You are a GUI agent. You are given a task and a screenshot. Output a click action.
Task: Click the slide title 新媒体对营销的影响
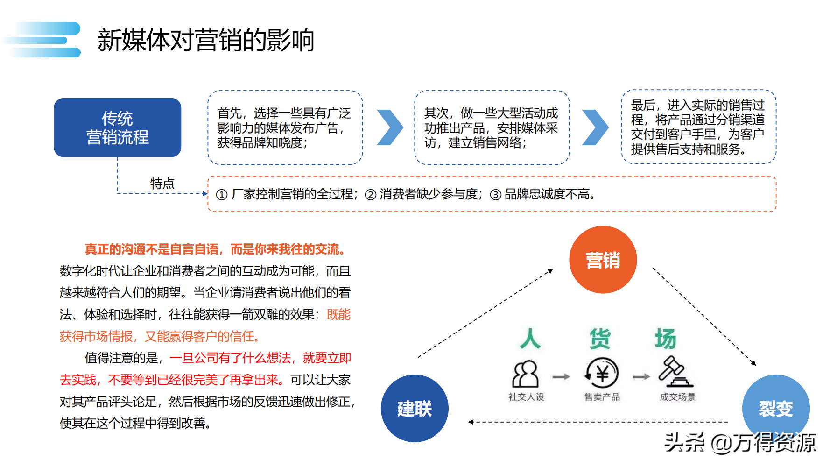pos(205,40)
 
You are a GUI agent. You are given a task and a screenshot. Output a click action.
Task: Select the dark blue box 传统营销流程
pos(117,127)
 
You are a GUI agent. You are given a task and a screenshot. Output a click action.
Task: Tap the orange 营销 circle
pos(603,260)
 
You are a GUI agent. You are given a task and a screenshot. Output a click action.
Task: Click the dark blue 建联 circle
pos(415,409)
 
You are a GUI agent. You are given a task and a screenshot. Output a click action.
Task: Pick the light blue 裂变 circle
pos(775,408)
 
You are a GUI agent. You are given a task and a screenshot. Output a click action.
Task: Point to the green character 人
pos(530,339)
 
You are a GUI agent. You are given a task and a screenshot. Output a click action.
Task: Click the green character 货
pos(600,339)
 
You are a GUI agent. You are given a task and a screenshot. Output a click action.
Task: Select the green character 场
pos(665,339)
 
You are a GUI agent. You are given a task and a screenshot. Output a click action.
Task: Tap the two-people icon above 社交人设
pos(526,374)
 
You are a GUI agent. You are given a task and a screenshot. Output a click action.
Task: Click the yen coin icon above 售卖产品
pos(602,374)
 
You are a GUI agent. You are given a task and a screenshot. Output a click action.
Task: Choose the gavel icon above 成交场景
pos(675,372)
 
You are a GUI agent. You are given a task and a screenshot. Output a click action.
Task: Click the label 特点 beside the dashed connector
pos(162,184)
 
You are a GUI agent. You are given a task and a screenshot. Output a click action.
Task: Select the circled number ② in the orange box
pos(370,195)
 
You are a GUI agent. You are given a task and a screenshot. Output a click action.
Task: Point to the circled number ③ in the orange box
pos(495,195)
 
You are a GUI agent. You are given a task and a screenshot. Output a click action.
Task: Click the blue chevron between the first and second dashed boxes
pos(389,127)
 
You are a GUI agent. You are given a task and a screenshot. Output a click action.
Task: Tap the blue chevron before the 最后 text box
pos(595,127)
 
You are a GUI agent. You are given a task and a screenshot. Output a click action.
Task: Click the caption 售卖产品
pos(602,397)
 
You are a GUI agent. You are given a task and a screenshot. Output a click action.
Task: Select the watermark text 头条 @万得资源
pos(739,442)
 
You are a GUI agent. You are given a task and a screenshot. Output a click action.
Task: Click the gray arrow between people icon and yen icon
pos(561,377)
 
